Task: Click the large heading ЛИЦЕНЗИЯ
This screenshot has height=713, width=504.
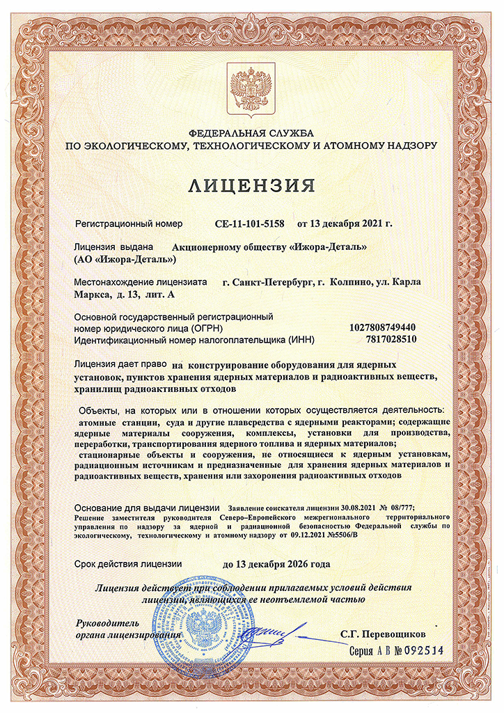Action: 251,186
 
